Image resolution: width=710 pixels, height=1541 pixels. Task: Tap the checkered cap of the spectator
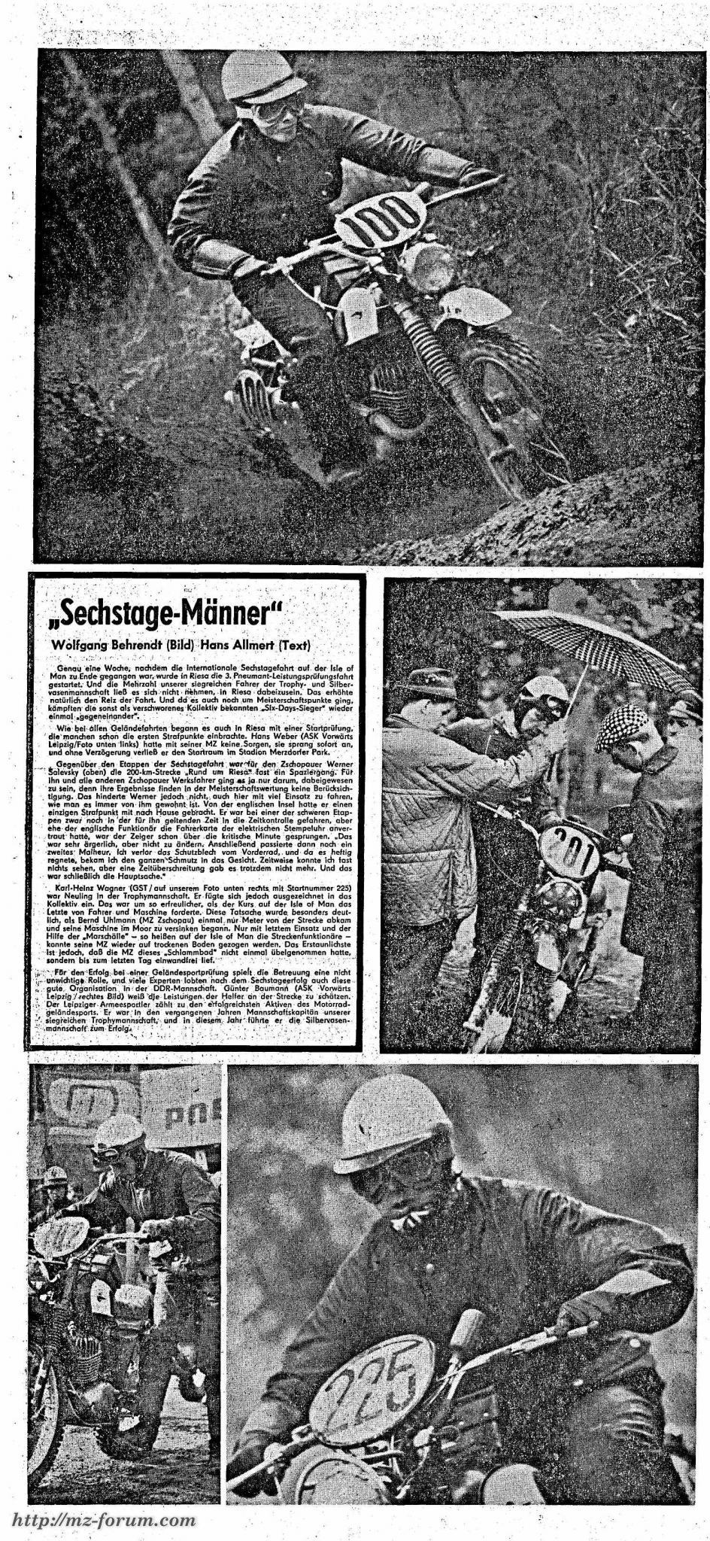[623, 727]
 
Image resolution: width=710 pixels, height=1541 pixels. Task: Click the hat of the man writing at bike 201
[428, 682]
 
